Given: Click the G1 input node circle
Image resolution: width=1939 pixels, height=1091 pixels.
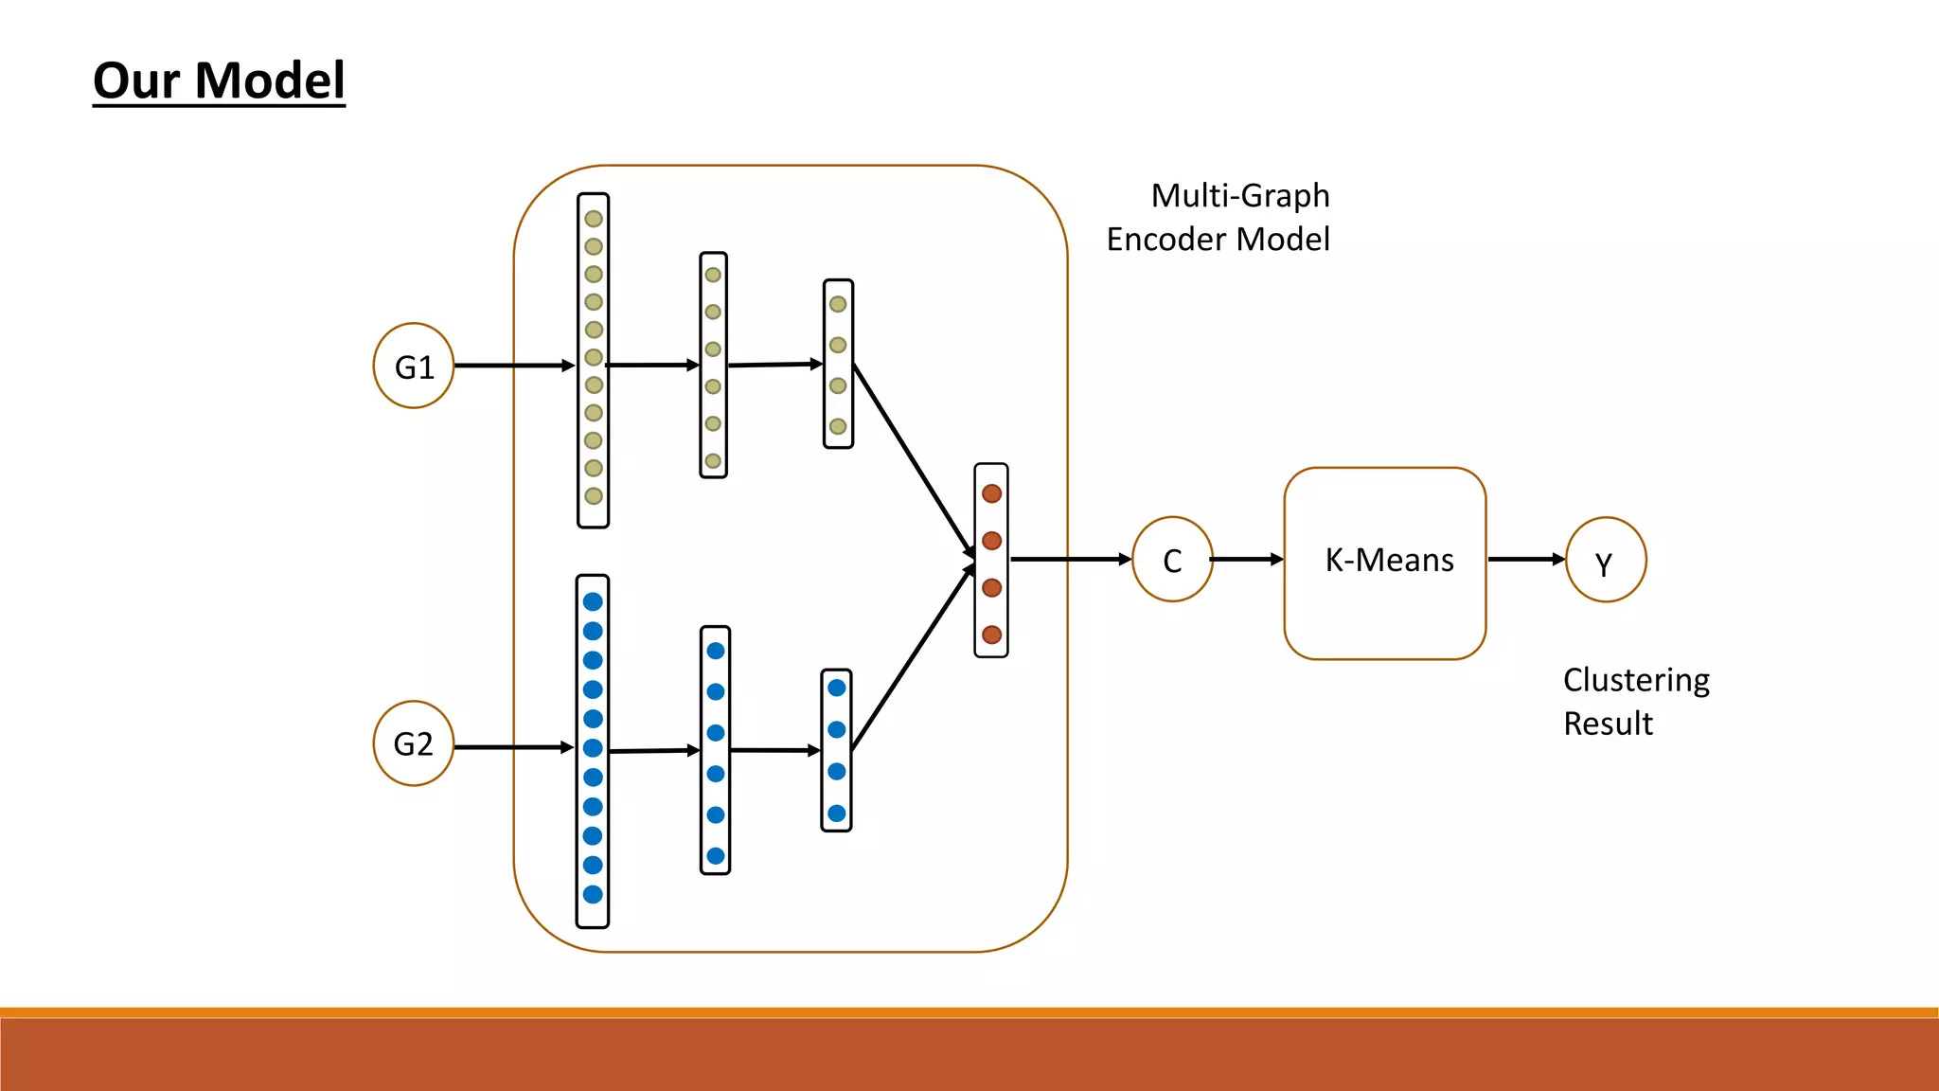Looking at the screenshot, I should [x=414, y=366].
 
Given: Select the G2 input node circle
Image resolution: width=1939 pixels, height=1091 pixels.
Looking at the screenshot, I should [x=414, y=743].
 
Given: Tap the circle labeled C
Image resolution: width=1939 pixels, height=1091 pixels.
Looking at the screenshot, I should [x=1172, y=560].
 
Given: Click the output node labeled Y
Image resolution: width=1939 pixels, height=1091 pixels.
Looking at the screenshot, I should [x=1606, y=560].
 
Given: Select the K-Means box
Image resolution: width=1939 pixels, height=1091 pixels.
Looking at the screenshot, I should [x=1384, y=563].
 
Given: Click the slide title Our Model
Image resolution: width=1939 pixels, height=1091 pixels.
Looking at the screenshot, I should [x=219, y=80].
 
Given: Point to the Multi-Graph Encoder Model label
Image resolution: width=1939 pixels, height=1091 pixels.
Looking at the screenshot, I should [x=1219, y=217].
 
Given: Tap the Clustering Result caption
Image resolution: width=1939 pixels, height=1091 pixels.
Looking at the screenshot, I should [x=1635, y=702].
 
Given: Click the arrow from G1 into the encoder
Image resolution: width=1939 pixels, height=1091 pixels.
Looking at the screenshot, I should [x=514, y=366].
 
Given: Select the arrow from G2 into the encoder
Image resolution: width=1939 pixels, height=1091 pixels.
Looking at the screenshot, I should [x=514, y=747].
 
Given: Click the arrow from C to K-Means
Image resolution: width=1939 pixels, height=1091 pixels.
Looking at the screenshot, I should [x=1247, y=560].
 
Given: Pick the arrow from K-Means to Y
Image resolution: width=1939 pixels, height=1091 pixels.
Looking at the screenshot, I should [x=1525, y=560].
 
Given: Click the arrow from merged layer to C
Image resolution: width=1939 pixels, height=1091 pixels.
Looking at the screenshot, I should [x=1070, y=560].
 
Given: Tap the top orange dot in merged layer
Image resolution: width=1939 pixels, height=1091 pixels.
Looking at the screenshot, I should [x=991, y=493].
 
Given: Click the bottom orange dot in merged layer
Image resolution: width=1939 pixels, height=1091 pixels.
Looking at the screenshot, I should [x=991, y=635].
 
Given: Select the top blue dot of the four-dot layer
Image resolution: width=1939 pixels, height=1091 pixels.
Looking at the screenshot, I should [x=837, y=689].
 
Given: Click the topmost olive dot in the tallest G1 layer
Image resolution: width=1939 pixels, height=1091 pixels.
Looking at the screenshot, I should [x=594, y=219].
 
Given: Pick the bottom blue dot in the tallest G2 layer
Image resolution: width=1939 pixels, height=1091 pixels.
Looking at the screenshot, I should [x=593, y=894].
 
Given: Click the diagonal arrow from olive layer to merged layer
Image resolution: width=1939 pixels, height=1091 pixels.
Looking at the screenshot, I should [x=913, y=460].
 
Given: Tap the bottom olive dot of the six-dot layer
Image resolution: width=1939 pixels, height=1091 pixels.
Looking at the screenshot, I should [x=713, y=461].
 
